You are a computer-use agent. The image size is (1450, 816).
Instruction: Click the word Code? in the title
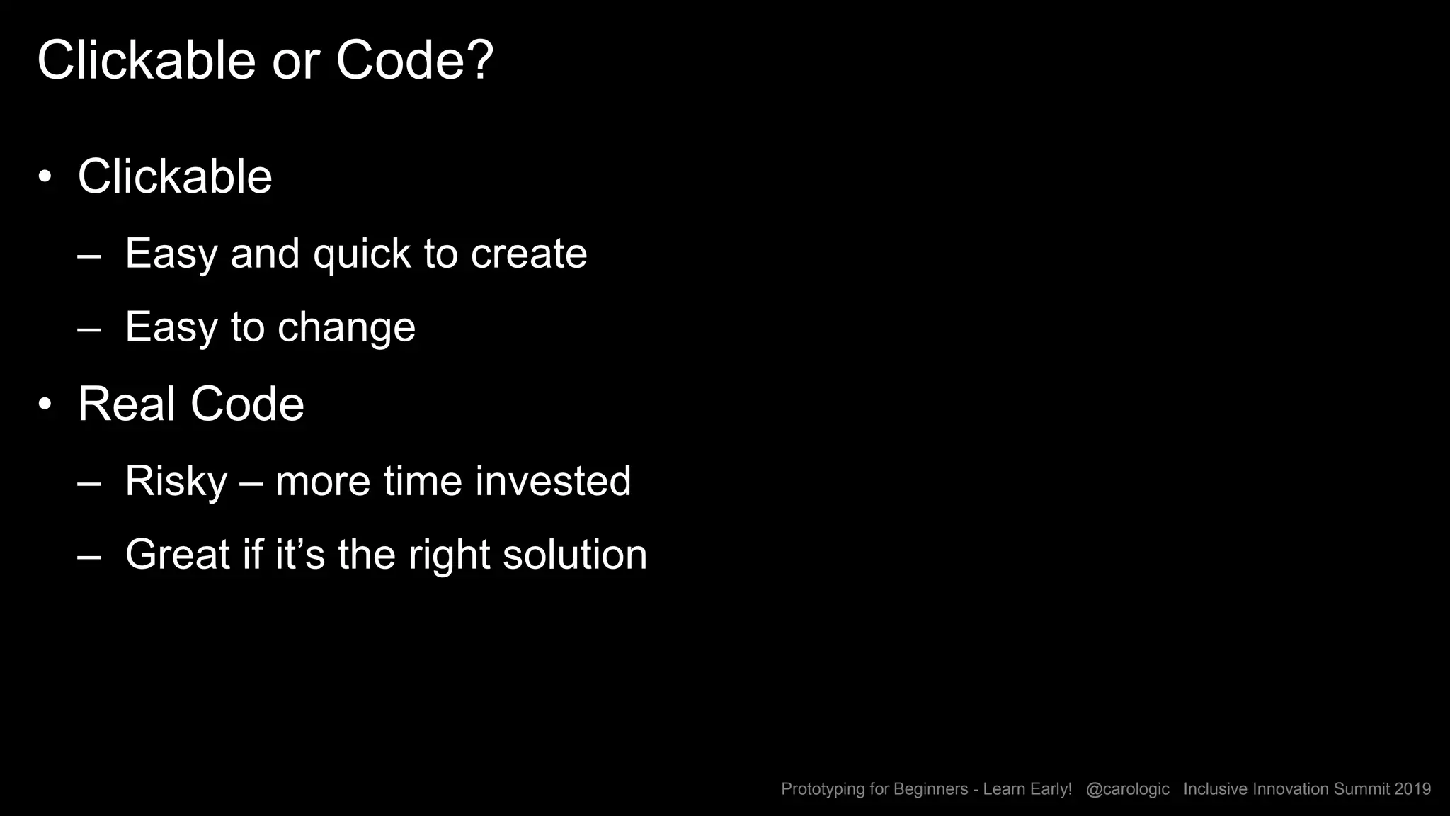coord(414,61)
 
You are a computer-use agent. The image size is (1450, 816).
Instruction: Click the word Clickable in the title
coord(146,61)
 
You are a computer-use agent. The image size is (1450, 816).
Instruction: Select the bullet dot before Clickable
coord(45,177)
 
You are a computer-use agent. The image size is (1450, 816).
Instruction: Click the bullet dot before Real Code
coord(45,404)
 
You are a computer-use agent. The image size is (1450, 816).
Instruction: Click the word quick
coord(362,254)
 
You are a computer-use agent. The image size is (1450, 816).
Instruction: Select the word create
coord(529,254)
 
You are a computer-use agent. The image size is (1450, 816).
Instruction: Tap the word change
coord(346,328)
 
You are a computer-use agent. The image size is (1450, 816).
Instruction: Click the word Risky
coord(176,482)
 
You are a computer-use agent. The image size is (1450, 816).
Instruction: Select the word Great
coord(177,555)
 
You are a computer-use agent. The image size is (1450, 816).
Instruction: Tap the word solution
coord(575,555)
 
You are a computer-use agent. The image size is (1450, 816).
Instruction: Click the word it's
coord(299,555)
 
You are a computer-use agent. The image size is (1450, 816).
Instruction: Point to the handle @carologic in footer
coord(1127,789)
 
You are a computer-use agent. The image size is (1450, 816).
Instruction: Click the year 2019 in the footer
coord(1412,789)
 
